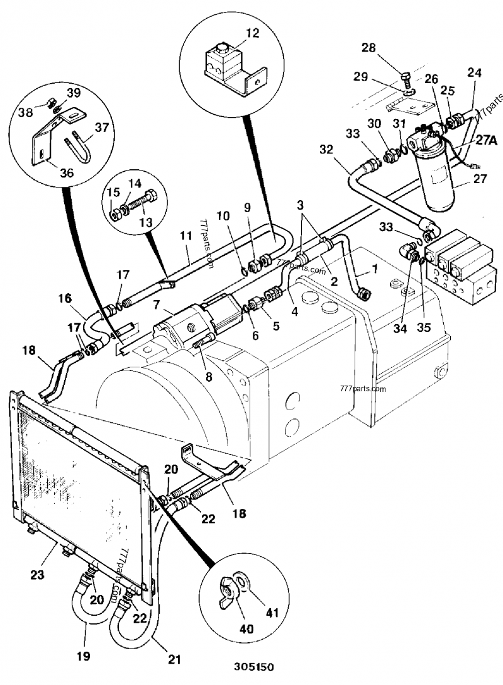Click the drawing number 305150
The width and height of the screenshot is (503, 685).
click(x=253, y=667)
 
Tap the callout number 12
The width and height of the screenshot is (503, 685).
click(x=252, y=33)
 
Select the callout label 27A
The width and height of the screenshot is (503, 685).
click(x=487, y=140)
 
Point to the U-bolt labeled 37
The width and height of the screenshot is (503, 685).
click(x=78, y=146)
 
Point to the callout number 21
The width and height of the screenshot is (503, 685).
click(x=174, y=659)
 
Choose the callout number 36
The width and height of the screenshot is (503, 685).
click(x=67, y=172)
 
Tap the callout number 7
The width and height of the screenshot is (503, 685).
click(x=157, y=304)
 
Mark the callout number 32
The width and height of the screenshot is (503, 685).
click(x=326, y=150)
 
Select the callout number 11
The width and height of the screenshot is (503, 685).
click(x=186, y=235)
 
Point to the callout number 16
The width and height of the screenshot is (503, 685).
click(x=65, y=298)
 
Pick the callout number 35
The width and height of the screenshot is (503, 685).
click(x=424, y=327)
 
